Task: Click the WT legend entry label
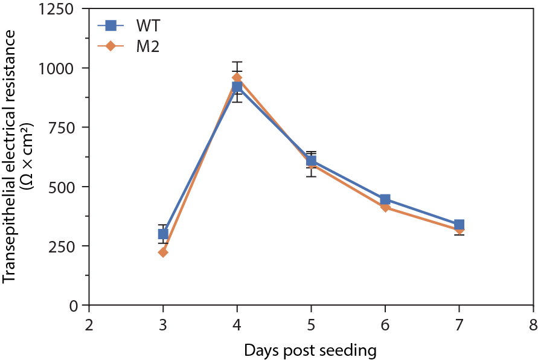point(147,26)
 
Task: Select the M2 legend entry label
point(147,47)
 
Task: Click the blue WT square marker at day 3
point(163,234)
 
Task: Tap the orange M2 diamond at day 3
point(163,252)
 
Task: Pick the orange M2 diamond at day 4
point(237,78)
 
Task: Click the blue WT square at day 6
point(385,200)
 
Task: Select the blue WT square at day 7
point(459,225)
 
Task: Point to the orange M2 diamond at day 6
point(385,207)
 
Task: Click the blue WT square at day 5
point(311,161)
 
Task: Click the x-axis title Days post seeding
point(310,350)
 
